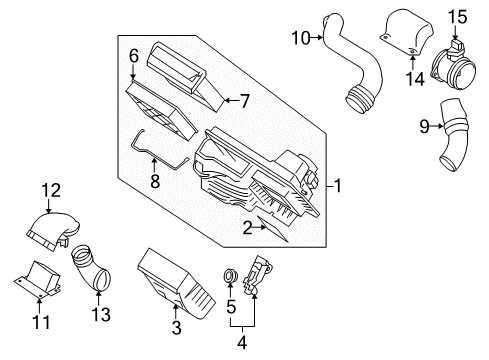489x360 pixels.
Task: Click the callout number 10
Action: (x=298, y=39)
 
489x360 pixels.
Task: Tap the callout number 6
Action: (x=133, y=58)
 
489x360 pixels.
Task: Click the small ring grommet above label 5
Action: (x=230, y=274)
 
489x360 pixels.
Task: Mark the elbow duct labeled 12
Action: (x=57, y=226)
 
